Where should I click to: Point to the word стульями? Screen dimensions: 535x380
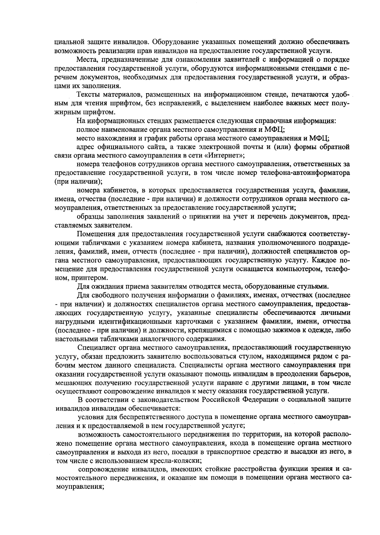(313, 286)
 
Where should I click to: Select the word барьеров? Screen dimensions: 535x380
(335, 374)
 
